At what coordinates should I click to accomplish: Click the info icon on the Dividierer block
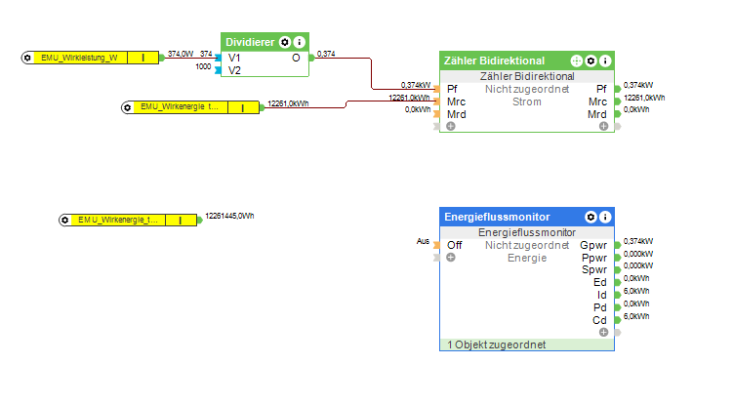tap(300, 42)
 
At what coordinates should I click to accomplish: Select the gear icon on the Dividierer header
tap(285, 42)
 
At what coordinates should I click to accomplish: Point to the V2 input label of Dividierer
tap(235, 70)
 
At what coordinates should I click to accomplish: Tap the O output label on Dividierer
tap(297, 58)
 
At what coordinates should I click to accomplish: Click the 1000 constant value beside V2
tap(203, 67)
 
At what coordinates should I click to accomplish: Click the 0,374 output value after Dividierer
tap(327, 54)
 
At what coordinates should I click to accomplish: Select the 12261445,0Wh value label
tap(230, 216)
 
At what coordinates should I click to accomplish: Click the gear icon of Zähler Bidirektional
tap(590, 61)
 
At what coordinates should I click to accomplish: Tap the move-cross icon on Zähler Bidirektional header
tap(576, 61)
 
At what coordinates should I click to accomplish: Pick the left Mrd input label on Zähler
tap(457, 114)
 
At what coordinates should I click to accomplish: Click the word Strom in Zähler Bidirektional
tap(527, 101)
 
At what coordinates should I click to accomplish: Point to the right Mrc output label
tap(597, 101)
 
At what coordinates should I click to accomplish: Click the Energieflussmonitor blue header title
tap(497, 217)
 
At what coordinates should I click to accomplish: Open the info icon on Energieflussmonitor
tap(605, 217)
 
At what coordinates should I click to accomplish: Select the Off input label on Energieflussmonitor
tap(455, 245)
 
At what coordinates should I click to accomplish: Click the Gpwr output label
tap(593, 245)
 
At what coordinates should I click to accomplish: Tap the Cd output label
tap(599, 321)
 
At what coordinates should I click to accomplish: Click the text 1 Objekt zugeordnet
tap(496, 344)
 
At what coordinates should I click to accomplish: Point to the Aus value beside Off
tap(423, 241)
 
